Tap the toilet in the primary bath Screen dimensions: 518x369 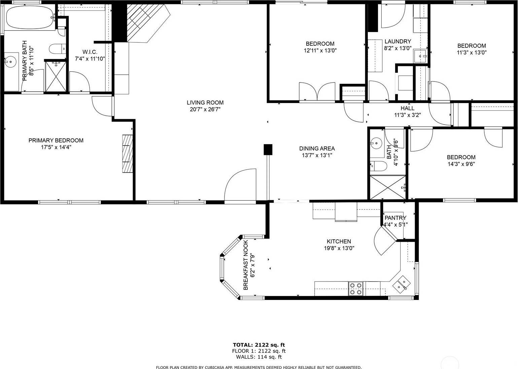coord(58,49)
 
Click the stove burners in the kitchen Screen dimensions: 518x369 coord(356,289)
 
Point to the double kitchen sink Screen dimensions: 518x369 coord(402,284)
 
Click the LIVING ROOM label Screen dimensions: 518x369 coord(205,102)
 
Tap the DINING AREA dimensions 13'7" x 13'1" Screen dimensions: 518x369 coord(317,155)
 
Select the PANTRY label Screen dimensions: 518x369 coord(395,218)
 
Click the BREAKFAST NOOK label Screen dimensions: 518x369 coord(246,265)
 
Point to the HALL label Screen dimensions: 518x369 coord(408,108)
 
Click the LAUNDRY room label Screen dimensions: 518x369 coord(398,41)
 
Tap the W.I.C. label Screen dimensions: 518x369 coord(90,52)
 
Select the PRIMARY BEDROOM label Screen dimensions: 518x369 coord(56,140)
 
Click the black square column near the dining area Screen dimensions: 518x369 coord(268,149)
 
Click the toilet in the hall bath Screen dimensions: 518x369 coord(378,166)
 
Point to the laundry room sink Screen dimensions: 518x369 coord(420,56)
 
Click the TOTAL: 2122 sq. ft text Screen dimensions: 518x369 coord(259,345)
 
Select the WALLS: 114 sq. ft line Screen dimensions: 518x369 coord(259,357)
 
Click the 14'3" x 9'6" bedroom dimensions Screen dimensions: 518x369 coord(461,164)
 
